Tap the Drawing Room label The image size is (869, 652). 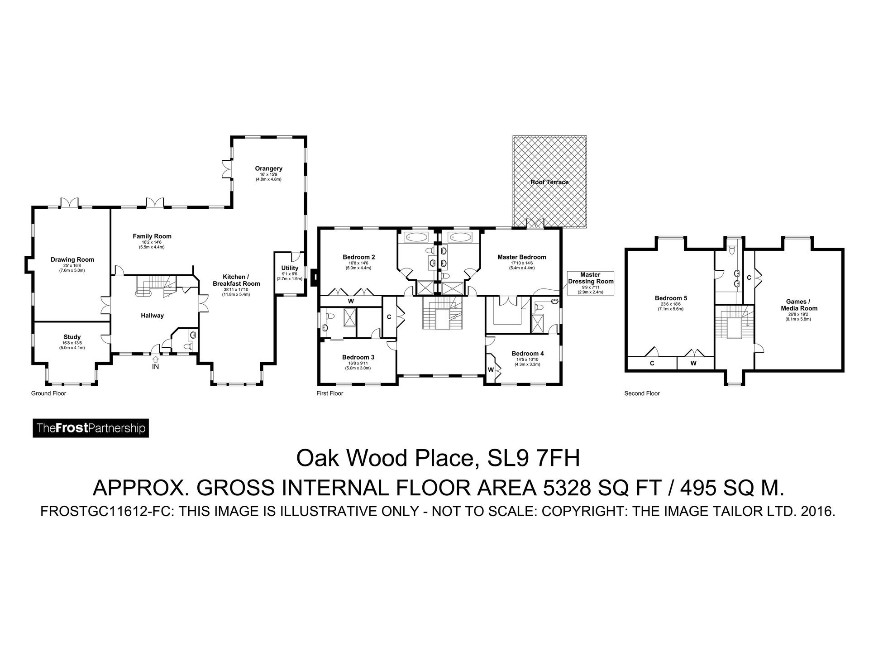[x=72, y=260]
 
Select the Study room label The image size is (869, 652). [x=72, y=337]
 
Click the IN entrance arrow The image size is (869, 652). [x=155, y=348]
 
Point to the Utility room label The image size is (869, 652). [x=290, y=268]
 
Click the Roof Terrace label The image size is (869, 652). [x=549, y=182]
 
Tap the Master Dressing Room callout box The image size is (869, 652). [x=590, y=283]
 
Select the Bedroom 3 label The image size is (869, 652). [x=358, y=357]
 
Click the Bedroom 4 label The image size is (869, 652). [x=527, y=354]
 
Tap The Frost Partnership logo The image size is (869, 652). [x=91, y=428]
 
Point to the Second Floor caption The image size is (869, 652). [x=642, y=393]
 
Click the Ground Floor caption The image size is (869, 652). [x=48, y=393]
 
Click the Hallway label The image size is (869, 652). [x=152, y=316]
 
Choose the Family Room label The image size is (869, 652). [x=152, y=236]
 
